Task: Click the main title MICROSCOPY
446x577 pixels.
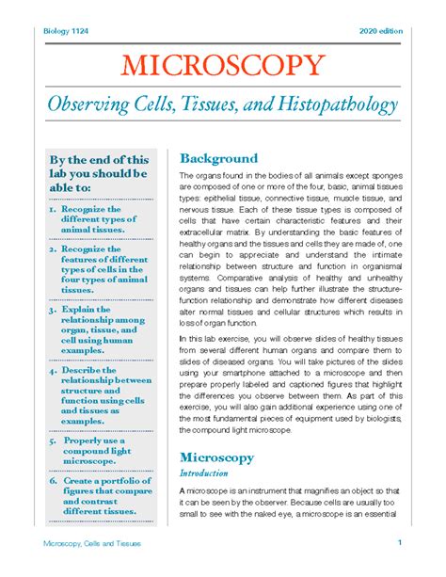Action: click(223, 67)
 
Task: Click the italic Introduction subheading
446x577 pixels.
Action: click(204, 473)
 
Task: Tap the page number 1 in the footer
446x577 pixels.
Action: click(400, 543)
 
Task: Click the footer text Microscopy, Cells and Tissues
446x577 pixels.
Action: click(88, 545)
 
